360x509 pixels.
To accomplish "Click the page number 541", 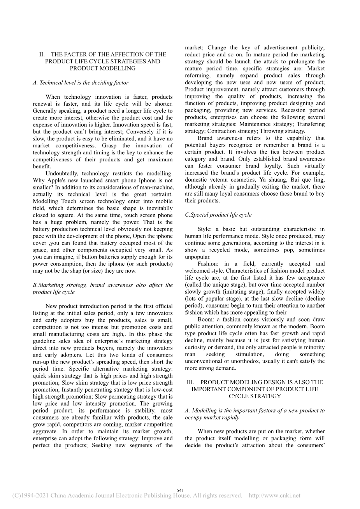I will [180, 490].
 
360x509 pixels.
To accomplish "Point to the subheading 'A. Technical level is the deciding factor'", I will [81, 82].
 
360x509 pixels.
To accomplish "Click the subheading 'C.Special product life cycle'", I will [218, 215].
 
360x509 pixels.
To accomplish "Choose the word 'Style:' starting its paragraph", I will [205, 229].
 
